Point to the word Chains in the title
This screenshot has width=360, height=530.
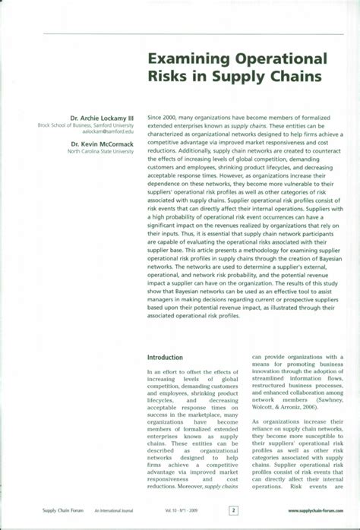click(295, 77)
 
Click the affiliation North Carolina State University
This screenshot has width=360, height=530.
click(100, 150)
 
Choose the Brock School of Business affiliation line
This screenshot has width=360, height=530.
click(91, 125)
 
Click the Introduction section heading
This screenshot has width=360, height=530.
click(165, 356)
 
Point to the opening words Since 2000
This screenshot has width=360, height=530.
click(161, 118)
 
